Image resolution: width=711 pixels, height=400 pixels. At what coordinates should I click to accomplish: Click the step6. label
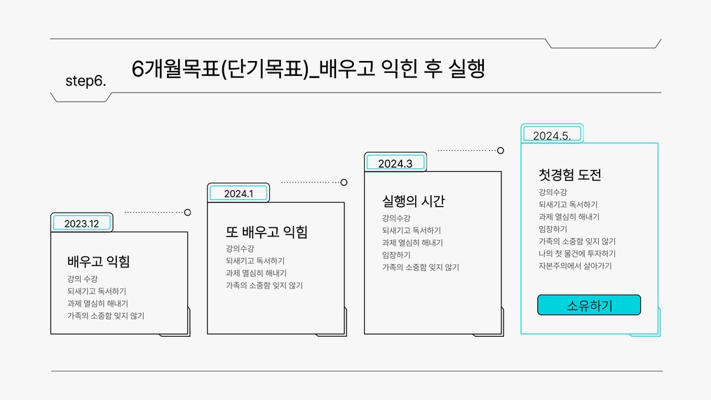coord(86,81)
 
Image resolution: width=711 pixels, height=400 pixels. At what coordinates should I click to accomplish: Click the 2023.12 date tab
coord(81,223)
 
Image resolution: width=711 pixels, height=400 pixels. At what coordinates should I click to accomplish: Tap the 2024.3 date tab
coord(395,163)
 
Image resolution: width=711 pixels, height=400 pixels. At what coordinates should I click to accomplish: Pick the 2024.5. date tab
coord(552,135)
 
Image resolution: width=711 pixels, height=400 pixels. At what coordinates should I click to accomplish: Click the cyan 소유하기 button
coord(589,305)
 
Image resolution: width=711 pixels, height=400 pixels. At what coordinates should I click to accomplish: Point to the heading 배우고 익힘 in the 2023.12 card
coord(98,262)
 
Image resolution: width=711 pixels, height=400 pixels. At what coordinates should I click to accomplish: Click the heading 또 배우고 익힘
coord(266,232)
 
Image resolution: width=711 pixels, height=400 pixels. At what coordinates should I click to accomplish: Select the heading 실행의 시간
coord(414,201)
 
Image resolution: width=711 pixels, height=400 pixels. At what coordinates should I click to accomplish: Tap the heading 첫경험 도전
coord(570,175)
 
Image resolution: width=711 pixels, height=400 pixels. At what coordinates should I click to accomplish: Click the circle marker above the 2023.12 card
coord(187,212)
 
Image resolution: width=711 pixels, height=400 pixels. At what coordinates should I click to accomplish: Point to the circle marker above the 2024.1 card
coord(344,182)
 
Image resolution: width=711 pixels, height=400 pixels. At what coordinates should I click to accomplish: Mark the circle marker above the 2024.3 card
coord(500,150)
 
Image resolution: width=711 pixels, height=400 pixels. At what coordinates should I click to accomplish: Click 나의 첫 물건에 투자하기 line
coord(577,253)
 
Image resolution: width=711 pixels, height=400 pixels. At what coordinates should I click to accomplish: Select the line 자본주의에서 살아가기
coord(575,265)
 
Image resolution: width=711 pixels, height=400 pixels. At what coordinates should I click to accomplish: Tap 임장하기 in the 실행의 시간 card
coord(396,255)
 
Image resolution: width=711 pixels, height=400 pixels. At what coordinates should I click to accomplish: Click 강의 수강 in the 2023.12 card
coord(82,279)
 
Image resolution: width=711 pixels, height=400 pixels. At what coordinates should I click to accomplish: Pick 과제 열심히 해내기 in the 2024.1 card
coord(256,273)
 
